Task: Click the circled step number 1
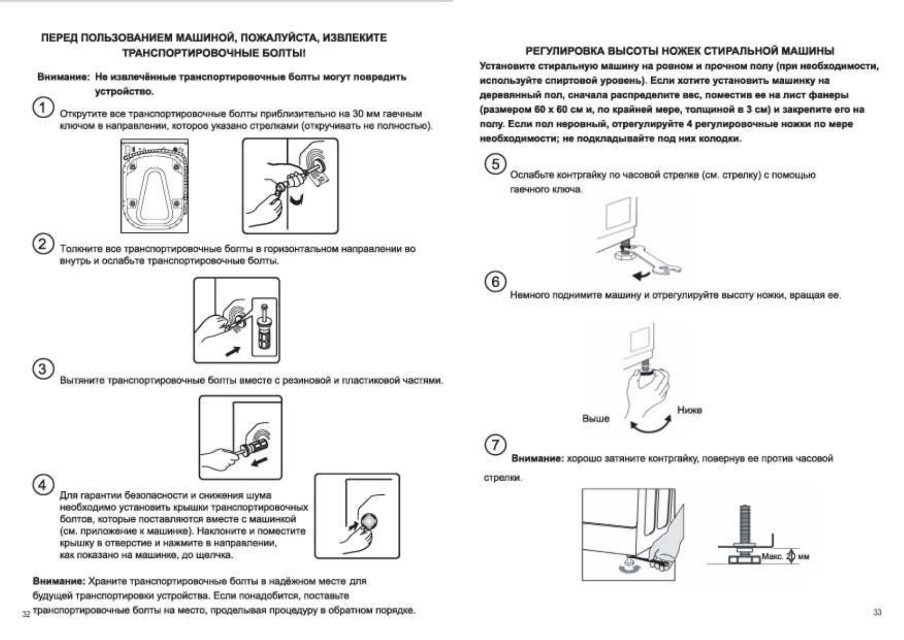(x=43, y=107)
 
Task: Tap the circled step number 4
(x=43, y=485)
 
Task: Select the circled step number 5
(x=495, y=164)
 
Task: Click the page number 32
(x=26, y=614)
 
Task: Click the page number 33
(x=878, y=613)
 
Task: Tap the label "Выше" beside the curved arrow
(x=596, y=419)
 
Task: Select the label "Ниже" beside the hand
(x=689, y=410)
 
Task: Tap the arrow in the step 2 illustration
(x=232, y=352)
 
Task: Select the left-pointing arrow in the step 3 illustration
(x=260, y=462)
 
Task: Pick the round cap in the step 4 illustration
(x=369, y=521)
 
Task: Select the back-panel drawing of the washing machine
(x=155, y=185)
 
